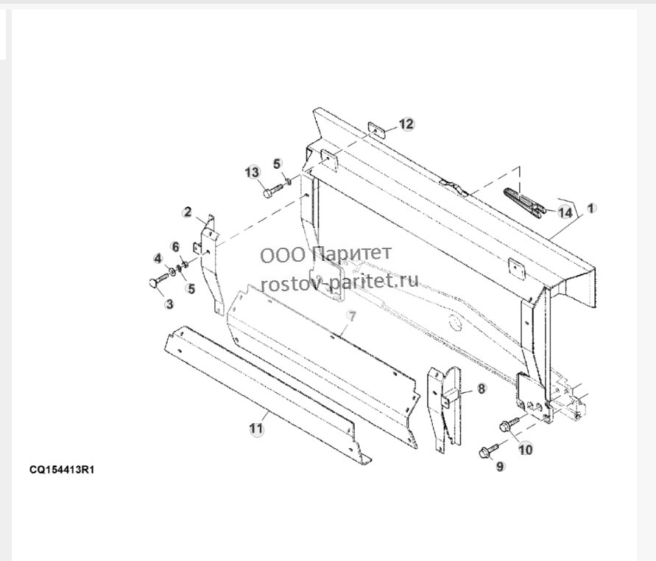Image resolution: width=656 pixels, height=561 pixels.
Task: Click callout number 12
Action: click(406, 124)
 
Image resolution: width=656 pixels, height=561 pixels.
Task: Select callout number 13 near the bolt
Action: click(253, 172)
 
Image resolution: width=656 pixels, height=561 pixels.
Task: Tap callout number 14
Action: click(565, 212)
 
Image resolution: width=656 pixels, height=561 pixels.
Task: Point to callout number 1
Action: click(590, 208)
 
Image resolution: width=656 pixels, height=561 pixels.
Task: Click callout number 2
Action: click(188, 212)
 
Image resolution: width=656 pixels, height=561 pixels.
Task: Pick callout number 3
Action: click(169, 304)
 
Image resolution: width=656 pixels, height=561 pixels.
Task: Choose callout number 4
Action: click(158, 259)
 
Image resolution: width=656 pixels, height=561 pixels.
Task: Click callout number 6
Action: click(176, 247)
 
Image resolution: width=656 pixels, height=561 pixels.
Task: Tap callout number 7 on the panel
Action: click(352, 316)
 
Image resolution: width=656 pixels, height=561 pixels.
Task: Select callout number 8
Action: click(482, 388)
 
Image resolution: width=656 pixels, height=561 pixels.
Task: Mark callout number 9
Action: click(501, 466)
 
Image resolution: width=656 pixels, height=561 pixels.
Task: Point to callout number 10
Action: click(526, 449)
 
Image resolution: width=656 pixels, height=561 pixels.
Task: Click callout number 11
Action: click(256, 428)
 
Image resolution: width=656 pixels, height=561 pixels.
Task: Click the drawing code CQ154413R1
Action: click(62, 470)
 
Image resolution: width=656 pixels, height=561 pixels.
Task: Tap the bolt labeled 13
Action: click(274, 189)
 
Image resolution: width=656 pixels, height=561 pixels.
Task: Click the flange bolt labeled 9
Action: click(489, 450)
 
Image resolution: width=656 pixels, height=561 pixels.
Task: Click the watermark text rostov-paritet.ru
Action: click(339, 280)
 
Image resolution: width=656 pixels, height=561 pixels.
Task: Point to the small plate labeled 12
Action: click(376, 130)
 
